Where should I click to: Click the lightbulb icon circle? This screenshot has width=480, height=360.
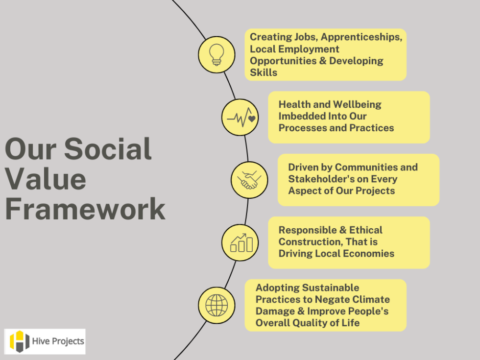[x=216, y=54]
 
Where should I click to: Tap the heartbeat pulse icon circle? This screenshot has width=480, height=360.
[x=240, y=118]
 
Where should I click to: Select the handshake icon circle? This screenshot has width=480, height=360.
[x=249, y=180]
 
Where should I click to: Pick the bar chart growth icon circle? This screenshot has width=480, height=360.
[x=240, y=242]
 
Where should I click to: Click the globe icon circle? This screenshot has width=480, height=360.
[x=216, y=305]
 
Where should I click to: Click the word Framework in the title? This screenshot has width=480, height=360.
[x=85, y=209]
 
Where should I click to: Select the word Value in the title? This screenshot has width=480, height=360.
[x=46, y=179]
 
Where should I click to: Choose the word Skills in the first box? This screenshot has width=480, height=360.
[x=264, y=72]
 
